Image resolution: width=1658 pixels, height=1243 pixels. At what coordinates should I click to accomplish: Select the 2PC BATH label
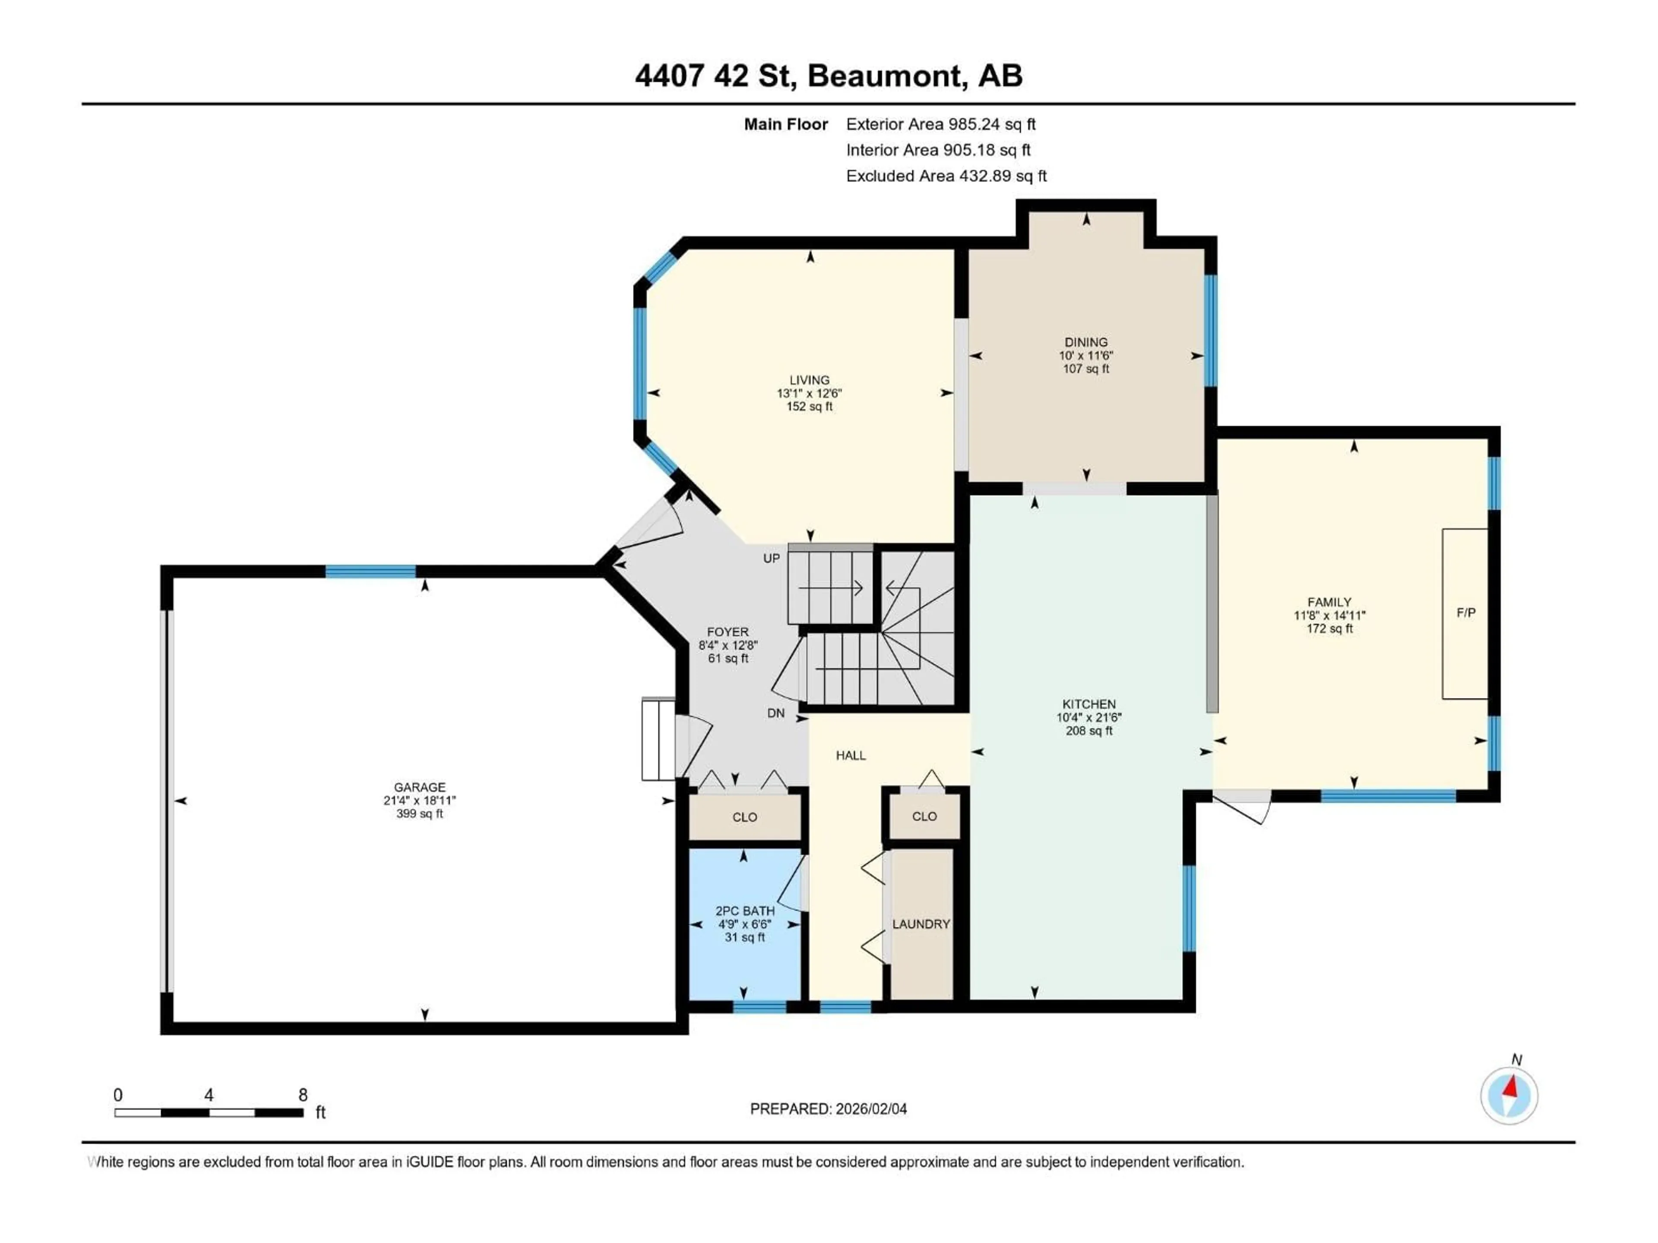click(744, 911)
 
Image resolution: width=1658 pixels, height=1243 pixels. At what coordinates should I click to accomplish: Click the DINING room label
click(1085, 342)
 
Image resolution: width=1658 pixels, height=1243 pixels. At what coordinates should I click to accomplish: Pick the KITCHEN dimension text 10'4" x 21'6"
click(1088, 718)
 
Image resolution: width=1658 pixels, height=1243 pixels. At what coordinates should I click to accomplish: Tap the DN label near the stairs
click(776, 713)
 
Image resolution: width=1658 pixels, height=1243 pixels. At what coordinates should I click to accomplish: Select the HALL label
click(851, 755)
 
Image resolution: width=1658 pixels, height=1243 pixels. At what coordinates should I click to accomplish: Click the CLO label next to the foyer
click(744, 817)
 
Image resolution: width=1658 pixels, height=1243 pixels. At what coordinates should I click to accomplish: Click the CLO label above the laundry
click(924, 817)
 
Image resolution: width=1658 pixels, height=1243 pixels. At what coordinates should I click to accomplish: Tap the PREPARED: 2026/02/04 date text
click(828, 1109)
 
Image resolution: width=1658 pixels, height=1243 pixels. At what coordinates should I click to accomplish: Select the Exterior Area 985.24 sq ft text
click(941, 124)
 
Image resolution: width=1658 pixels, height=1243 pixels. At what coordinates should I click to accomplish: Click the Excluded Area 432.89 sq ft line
click(946, 176)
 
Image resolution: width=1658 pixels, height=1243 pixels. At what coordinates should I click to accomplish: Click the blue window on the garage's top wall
click(370, 572)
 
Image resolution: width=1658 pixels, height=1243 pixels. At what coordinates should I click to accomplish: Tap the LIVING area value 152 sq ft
click(810, 407)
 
